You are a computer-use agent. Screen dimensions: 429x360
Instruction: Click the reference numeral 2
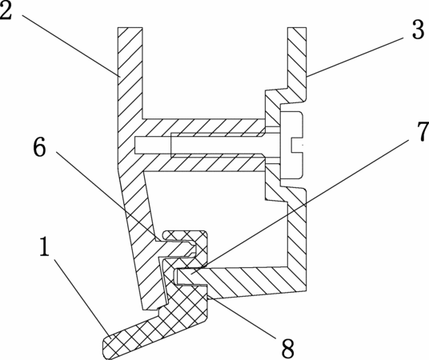coord(6,11)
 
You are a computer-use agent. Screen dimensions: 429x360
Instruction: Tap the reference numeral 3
coord(418,30)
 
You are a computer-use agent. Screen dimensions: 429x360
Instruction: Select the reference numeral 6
coord(39,147)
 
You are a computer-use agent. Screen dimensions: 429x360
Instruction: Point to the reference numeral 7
coord(423,132)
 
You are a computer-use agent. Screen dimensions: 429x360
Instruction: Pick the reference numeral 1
coord(44,246)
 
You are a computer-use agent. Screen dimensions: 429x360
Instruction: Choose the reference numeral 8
coord(288,348)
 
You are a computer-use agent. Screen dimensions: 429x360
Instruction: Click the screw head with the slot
coord(291,145)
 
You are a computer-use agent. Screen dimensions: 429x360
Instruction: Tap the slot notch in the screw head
coord(297,145)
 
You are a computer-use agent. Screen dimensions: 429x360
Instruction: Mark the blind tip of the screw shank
coord(136,145)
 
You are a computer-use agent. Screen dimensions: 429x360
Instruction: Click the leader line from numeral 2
coord(71,46)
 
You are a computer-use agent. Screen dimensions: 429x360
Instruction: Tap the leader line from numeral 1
coord(82,298)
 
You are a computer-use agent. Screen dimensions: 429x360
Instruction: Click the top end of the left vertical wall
coord(130,28)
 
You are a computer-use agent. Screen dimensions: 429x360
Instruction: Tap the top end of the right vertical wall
coord(297,28)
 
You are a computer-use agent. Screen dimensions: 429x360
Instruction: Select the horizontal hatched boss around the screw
coord(204,146)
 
